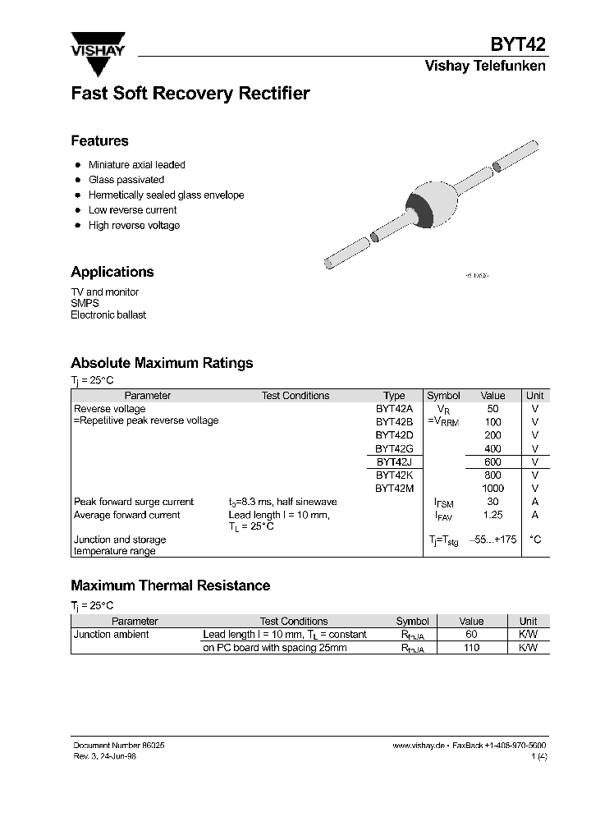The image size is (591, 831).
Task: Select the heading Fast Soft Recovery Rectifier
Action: coord(190,94)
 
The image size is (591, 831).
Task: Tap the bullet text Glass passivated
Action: coord(126,180)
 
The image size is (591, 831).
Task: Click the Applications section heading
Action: coord(112,272)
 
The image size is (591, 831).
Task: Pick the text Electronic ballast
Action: coord(108,315)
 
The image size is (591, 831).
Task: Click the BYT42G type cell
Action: coord(394,448)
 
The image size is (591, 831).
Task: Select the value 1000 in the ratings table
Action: coord(492,489)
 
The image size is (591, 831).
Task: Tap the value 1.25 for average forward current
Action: coord(492,515)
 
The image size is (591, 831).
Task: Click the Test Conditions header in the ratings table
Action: coord(295,396)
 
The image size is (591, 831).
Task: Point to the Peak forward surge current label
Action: coord(134,502)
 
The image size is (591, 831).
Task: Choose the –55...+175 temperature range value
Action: coord(492,539)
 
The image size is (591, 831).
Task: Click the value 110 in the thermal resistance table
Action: coord(471,648)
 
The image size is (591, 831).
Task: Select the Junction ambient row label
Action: coord(112,635)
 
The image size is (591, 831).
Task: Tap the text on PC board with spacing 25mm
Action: coord(274,648)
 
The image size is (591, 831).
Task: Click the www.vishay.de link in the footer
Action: coord(419,745)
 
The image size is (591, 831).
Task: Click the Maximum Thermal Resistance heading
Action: coord(170,585)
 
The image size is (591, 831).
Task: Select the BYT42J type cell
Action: coord(394,461)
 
